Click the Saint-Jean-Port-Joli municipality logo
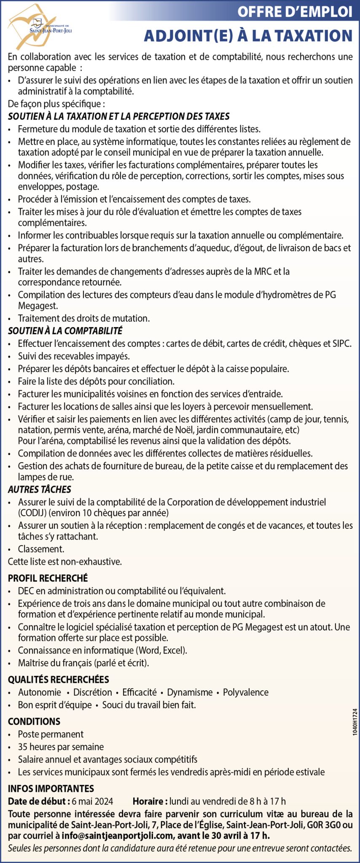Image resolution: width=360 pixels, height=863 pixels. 32,26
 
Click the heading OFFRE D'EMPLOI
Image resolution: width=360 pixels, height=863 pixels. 294,11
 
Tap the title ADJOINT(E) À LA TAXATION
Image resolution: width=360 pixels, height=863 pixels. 248,36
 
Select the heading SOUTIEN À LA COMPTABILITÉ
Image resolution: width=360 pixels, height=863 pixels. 65,331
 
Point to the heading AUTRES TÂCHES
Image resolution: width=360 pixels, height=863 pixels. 40,489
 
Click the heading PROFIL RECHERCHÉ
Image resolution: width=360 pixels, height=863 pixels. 48,578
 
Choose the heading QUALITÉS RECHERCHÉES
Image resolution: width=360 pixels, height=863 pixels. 58,679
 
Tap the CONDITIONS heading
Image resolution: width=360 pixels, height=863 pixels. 34,721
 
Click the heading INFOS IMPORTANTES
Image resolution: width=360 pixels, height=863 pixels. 51,788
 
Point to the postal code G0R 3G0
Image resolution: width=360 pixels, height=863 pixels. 326,825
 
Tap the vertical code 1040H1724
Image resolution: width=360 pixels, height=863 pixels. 355,722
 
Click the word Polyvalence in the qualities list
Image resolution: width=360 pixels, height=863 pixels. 246,692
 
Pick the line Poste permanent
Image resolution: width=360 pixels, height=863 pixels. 51,734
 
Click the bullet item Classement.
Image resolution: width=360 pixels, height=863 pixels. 41,549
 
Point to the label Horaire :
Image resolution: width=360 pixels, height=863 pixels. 150,801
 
